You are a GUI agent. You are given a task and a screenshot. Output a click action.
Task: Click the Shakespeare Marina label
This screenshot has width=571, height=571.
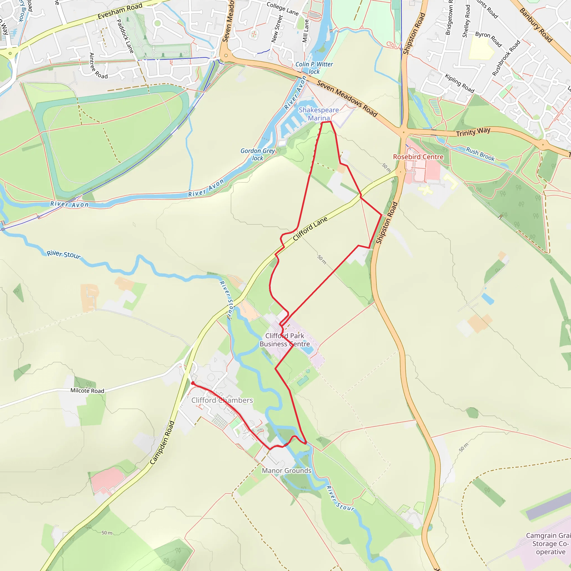pyautogui.click(x=319, y=114)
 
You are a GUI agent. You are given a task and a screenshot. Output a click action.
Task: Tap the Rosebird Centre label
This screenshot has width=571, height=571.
pyautogui.click(x=418, y=157)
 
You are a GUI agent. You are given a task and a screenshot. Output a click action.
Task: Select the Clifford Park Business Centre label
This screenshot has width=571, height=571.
pyautogui.click(x=285, y=340)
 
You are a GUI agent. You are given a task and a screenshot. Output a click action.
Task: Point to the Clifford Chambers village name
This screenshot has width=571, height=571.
pyautogui.click(x=222, y=400)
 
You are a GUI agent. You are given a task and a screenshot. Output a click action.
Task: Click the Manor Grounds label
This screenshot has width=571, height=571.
pyautogui.click(x=286, y=471)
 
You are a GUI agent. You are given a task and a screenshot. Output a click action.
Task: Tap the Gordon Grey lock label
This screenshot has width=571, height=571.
pyautogui.click(x=257, y=154)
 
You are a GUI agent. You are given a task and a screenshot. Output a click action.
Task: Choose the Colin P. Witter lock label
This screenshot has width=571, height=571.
pyautogui.click(x=314, y=68)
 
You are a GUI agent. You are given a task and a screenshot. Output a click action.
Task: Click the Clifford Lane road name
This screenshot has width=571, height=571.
pyautogui.click(x=310, y=228)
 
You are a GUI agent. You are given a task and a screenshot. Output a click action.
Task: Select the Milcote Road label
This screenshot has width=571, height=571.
pyautogui.click(x=87, y=391)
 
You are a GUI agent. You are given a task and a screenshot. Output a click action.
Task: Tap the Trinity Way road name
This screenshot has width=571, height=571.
pyautogui.click(x=473, y=132)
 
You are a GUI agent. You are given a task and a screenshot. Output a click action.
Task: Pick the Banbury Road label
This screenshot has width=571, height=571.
pyautogui.click(x=536, y=25)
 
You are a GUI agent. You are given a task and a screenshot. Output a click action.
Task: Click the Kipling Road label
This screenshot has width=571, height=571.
pyautogui.click(x=459, y=84)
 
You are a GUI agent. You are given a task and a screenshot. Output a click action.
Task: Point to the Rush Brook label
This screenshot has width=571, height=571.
pyautogui.click(x=480, y=154)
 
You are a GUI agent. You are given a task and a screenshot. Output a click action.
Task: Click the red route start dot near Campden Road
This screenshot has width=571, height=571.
pyautogui.click(x=193, y=383)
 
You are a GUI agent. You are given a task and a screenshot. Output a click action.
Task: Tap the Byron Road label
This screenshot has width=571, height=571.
pyautogui.click(x=488, y=39)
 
